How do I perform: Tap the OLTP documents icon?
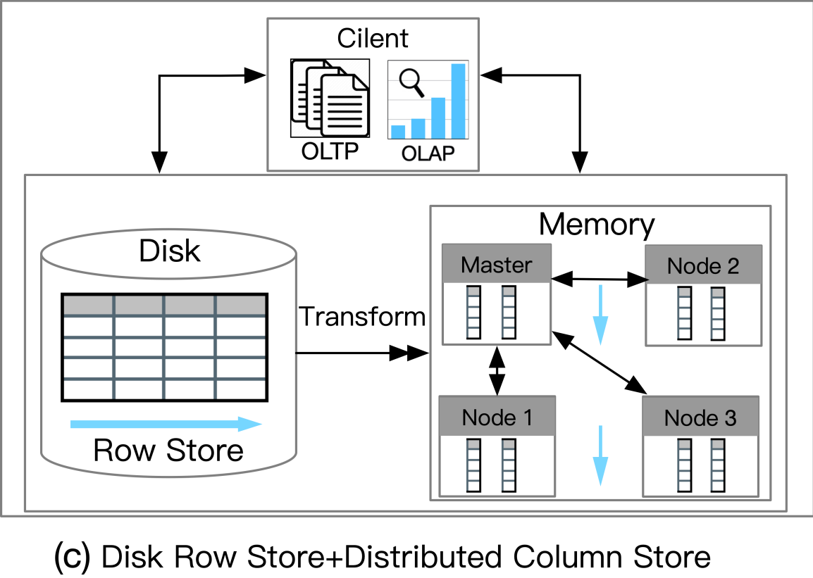click(x=329, y=100)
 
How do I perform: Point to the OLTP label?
click(x=330, y=152)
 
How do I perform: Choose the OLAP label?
click(x=428, y=153)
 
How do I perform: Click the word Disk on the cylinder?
click(x=170, y=251)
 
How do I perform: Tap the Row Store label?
click(x=168, y=451)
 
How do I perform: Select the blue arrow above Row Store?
click(x=166, y=424)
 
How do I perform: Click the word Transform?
click(x=362, y=317)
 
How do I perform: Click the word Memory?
click(x=596, y=225)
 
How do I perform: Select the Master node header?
click(x=496, y=265)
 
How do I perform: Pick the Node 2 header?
click(x=703, y=266)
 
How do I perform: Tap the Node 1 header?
click(x=497, y=417)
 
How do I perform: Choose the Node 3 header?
click(x=700, y=418)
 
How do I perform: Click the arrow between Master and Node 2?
click(x=600, y=279)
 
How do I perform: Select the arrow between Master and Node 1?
click(x=497, y=370)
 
